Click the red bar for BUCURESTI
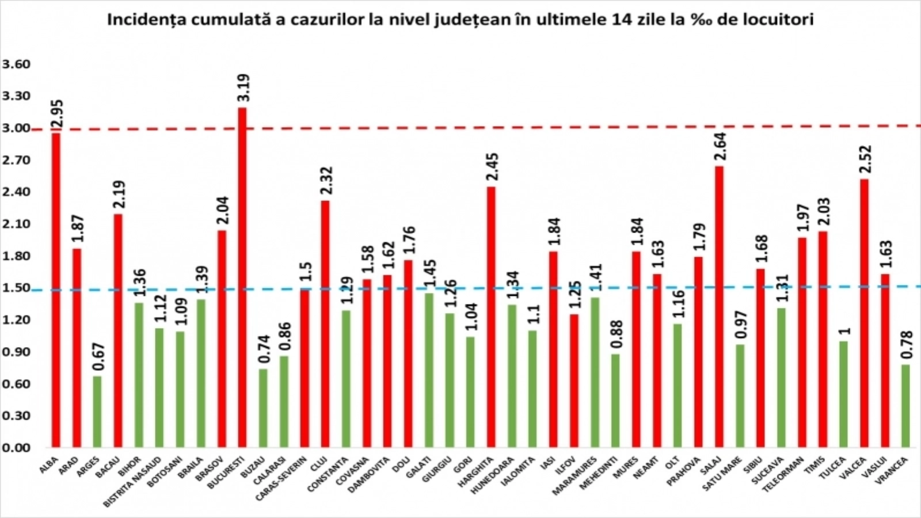(242, 277)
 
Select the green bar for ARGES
(97, 412)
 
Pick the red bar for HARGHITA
(491, 317)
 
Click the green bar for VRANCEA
(905, 406)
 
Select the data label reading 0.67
(98, 357)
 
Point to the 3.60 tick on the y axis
(16, 64)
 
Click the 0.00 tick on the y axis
(16, 447)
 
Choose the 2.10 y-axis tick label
(16, 224)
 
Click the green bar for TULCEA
(843, 394)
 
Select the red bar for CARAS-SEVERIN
(305, 368)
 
